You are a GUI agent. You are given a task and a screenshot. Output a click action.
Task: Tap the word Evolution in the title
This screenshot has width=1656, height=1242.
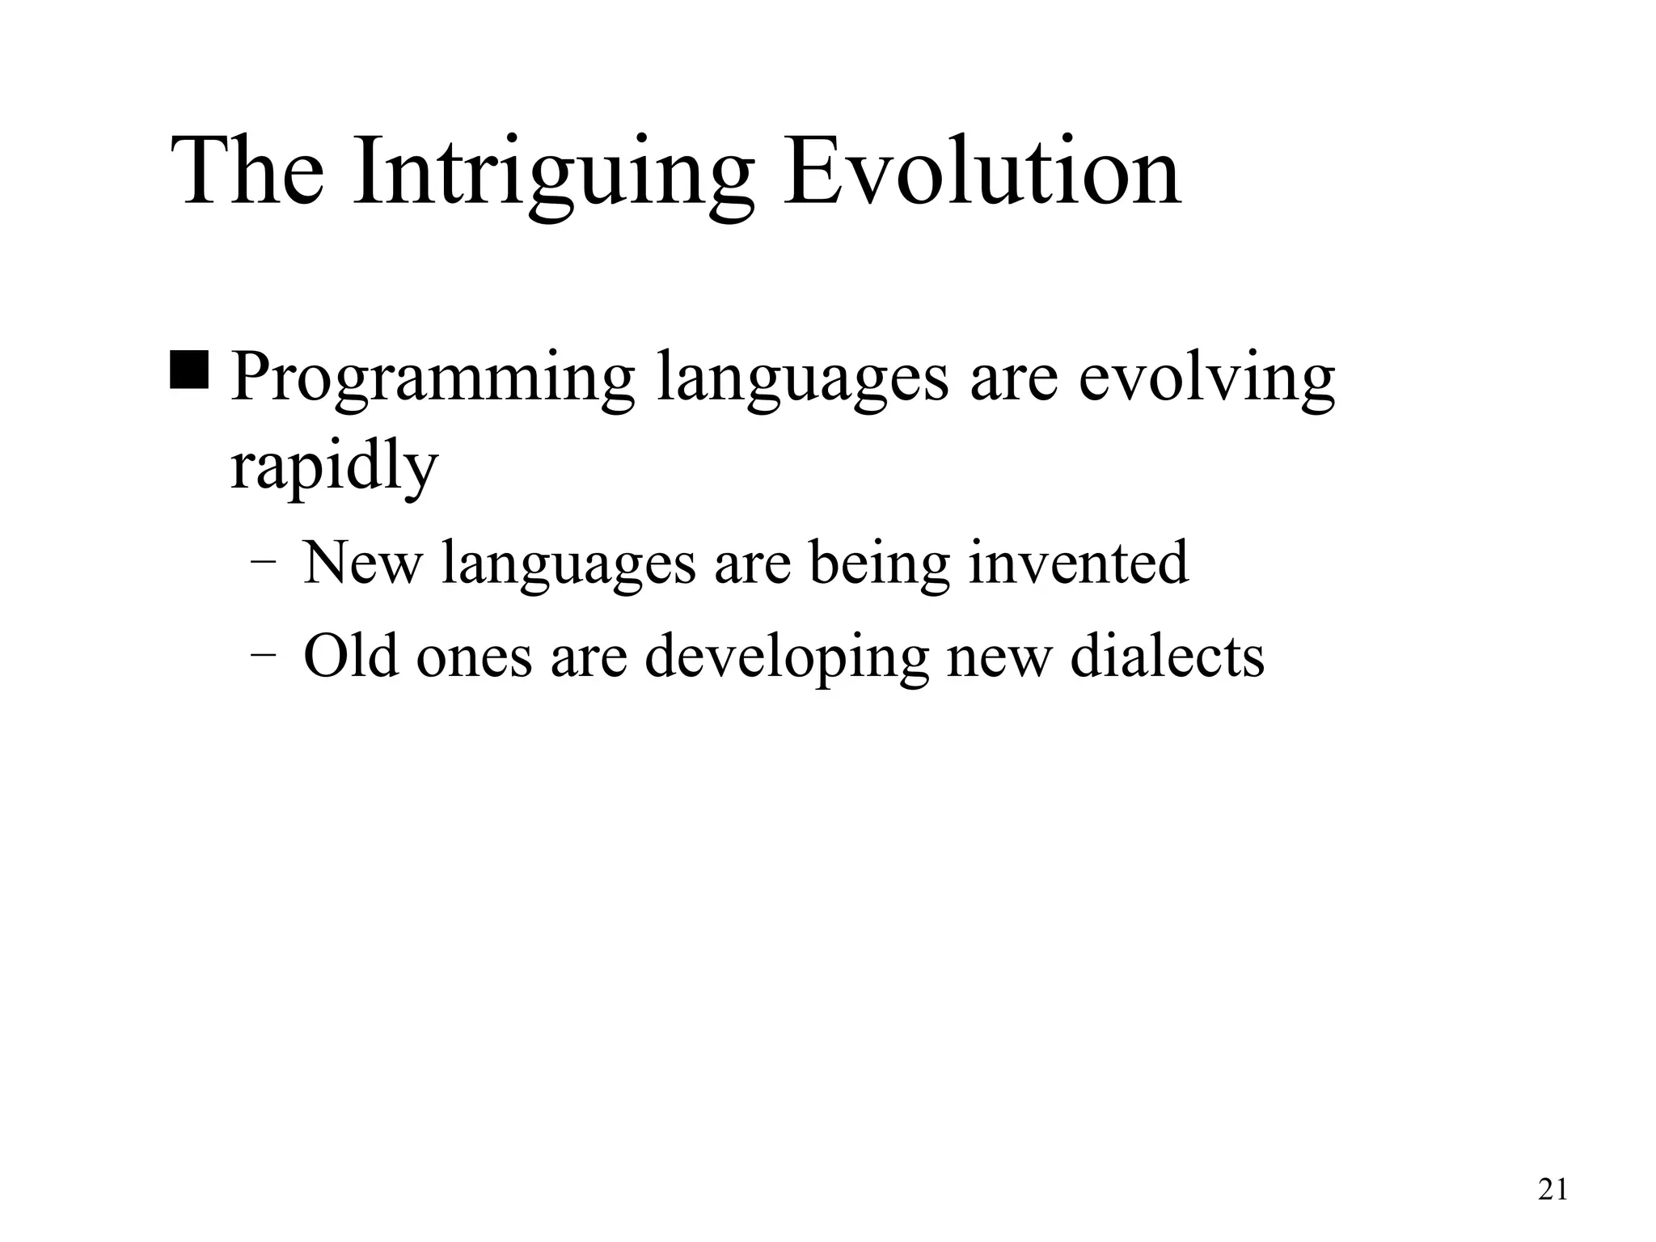pos(982,172)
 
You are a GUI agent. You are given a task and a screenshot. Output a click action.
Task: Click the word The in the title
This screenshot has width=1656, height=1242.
pos(248,172)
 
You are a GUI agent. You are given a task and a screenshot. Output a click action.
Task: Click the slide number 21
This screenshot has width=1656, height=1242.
pos(1552,1190)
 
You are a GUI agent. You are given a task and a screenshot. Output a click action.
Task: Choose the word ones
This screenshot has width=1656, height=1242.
pos(474,657)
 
